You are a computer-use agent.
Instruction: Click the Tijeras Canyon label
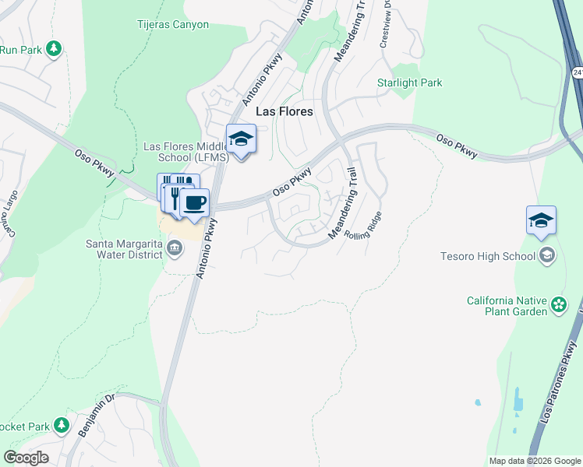(x=174, y=24)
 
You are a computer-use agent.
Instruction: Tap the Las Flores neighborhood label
(x=284, y=111)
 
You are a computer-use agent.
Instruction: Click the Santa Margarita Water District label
(x=125, y=248)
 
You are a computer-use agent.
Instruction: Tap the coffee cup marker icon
(x=194, y=204)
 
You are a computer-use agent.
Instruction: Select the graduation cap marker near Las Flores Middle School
(x=241, y=140)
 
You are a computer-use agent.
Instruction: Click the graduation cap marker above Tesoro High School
(x=541, y=221)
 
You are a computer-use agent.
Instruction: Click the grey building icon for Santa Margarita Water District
(x=175, y=249)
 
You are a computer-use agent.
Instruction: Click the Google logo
(x=26, y=458)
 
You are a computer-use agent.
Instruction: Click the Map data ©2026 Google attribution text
(x=535, y=461)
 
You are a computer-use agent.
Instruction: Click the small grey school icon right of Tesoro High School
(x=547, y=255)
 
